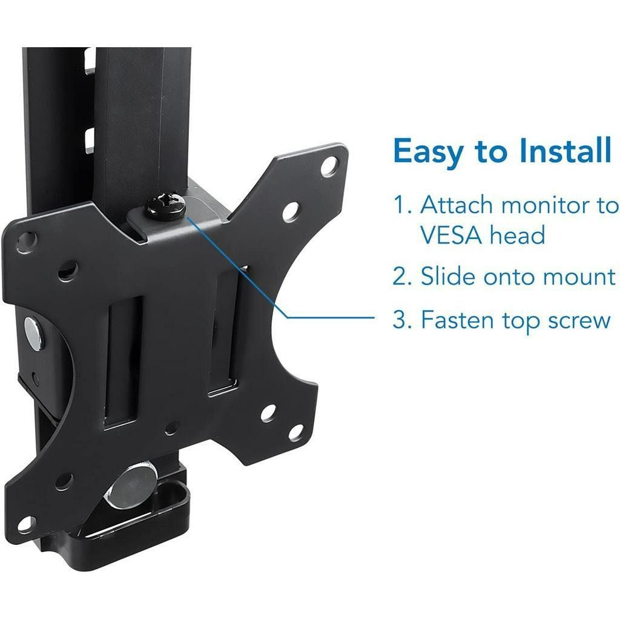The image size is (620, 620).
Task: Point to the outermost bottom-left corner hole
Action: coord(25,523)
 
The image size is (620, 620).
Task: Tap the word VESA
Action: coord(448,235)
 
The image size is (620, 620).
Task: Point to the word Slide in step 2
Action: coord(447,277)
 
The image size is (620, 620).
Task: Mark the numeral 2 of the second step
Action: coord(401,277)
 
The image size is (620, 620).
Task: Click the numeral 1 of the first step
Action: coord(401,206)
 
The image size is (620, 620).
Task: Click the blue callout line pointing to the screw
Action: coord(327,317)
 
